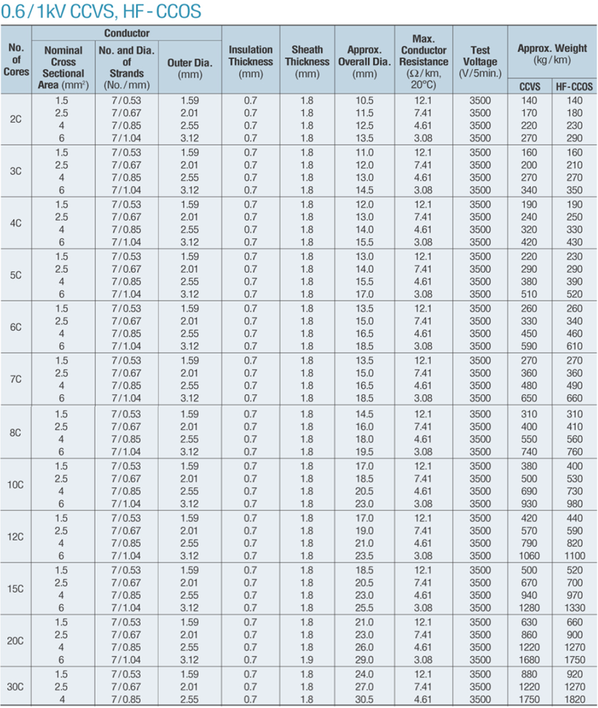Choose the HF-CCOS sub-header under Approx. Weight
click(574, 86)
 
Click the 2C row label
click(16, 119)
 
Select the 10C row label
click(16, 485)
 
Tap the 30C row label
click(16, 686)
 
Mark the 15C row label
click(16, 589)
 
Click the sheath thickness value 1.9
click(307, 660)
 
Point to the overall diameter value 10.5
click(364, 101)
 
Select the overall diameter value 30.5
click(364, 699)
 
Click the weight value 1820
click(574, 699)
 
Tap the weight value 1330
click(574, 608)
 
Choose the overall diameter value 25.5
click(364, 608)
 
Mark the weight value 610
click(574, 346)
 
